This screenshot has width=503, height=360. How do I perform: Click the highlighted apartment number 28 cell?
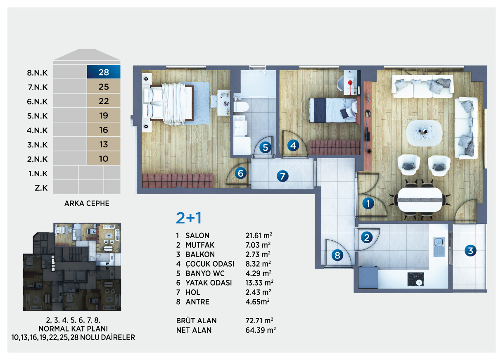pos(104,72)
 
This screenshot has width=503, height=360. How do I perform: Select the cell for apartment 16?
pos(104,130)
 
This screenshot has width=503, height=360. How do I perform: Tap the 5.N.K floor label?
pos(37,116)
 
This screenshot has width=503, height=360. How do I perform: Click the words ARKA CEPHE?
pos(87,204)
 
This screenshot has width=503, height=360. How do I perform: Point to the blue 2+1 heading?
pos(189,218)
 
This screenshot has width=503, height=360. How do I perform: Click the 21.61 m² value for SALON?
pos(259,235)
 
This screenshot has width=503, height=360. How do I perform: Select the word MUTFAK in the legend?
pos(200,245)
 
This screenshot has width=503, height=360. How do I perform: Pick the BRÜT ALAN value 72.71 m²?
pos(259,321)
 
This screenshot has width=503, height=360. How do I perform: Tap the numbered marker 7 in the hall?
pos(282,176)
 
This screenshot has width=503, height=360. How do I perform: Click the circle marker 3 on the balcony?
pos(470,251)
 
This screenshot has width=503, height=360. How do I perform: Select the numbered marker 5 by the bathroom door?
pos(265,147)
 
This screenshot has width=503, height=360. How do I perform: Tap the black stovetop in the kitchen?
pos(416,279)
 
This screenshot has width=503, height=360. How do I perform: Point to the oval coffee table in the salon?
pos(424,133)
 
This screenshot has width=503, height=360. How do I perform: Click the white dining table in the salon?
pos(420,199)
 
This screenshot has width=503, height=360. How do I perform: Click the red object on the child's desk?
pos(350,83)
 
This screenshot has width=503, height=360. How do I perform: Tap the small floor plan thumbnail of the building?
pos(72,267)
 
